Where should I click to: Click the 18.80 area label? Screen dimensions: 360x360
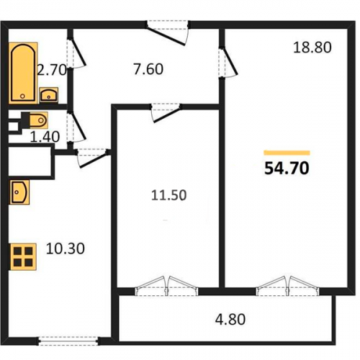coord(312,48)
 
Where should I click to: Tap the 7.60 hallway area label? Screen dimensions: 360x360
coord(148,69)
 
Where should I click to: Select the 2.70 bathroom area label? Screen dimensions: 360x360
coord(52,71)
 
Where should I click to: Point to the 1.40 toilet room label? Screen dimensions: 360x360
coord(45,137)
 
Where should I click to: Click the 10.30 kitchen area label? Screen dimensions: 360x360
coord(66,248)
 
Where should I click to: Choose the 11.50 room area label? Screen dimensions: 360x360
coord(169,195)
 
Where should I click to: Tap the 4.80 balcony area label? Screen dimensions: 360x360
coord(230,320)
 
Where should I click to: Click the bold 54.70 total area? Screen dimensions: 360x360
coord(287,168)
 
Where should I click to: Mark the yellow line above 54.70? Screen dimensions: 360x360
coord(287,153)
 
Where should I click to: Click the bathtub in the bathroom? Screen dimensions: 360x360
coord(23,73)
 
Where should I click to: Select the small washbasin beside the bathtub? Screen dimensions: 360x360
coord(49,95)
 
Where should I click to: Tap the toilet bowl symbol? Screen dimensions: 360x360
coord(38,120)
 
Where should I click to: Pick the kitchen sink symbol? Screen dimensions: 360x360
coord(19,192)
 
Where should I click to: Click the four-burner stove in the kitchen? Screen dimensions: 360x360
coord(23,257)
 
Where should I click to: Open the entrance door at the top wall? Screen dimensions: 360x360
coord(168,34)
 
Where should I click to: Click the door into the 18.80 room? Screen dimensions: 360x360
coord(228,62)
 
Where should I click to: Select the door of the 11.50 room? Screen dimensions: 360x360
coord(166,113)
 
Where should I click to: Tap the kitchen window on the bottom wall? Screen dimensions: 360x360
coord(68,341)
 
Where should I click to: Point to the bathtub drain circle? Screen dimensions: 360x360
coord(22,96)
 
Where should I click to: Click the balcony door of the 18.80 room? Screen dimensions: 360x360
coord(287,286)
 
